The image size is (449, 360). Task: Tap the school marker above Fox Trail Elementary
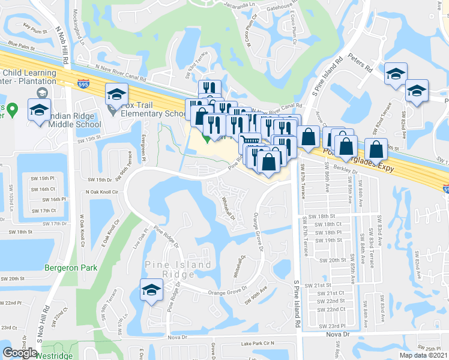(x=116, y=93)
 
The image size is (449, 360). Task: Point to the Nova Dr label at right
(x=337, y=334)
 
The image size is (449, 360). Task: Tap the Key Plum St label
(x=34, y=26)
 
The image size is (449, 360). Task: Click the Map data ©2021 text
(x=424, y=355)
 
